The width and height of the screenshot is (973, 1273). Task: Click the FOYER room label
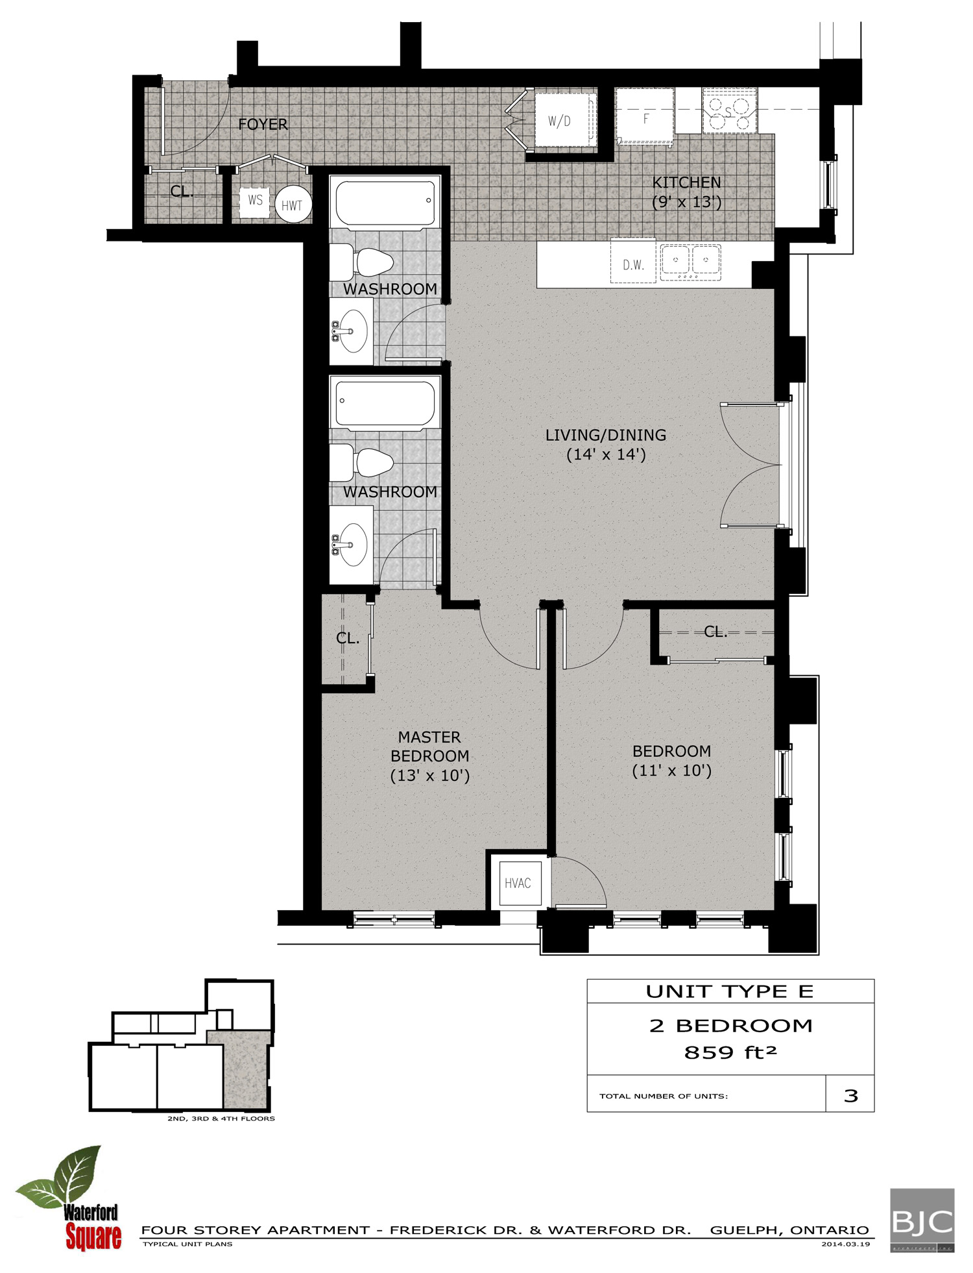(263, 124)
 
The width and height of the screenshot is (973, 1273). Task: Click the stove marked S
(730, 112)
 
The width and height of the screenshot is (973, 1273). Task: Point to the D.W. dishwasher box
(633, 264)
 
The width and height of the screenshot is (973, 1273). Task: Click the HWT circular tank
(292, 205)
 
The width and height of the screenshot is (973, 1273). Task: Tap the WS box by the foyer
(255, 200)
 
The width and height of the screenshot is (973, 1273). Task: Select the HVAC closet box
(517, 883)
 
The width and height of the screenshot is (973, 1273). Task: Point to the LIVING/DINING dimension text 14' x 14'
(606, 454)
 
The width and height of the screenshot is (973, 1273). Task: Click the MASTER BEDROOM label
(429, 747)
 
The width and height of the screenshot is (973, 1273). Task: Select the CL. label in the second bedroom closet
(715, 632)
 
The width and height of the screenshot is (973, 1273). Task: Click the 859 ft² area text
(730, 1052)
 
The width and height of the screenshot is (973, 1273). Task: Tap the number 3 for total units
(850, 1096)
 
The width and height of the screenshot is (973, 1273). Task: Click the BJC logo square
(922, 1220)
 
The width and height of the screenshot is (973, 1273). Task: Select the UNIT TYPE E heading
(730, 991)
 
